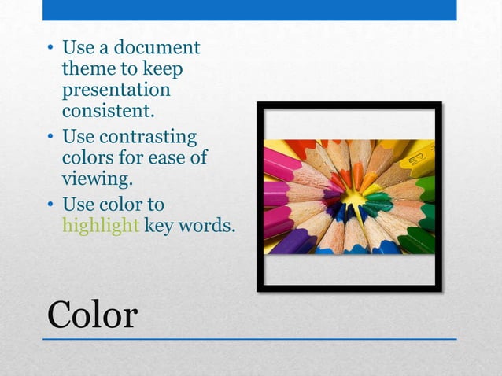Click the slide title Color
click(92, 315)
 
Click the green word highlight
click(101, 226)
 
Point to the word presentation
click(116, 90)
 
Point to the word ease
click(167, 157)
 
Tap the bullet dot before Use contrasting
click(50, 138)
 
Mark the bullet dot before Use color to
click(50, 205)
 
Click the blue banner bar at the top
click(249, 9)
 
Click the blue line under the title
click(249, 339)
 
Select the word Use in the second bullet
click(79, 137)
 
